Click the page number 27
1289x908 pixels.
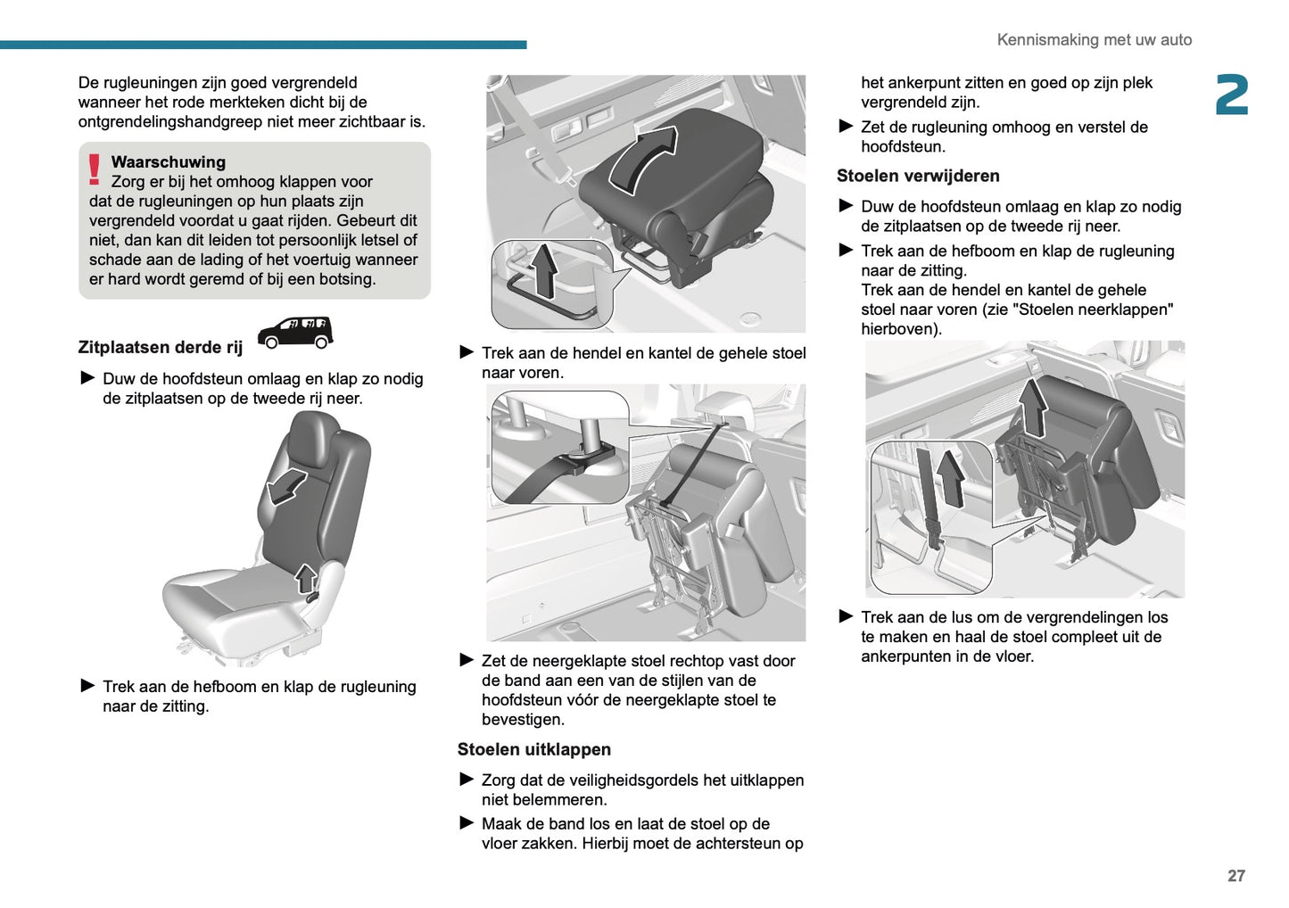[x=1235, y=876]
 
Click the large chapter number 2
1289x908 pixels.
[x=1231, y=95]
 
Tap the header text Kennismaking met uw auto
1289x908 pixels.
[x=1094, y=40]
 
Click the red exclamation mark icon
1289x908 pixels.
[x=95, y=169]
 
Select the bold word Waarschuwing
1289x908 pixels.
[x=168, y=162]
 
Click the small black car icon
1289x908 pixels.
[x=294, y=333]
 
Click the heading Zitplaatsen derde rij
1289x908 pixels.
[x=160, y=348]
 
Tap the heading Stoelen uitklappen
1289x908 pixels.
[x=533, y=750]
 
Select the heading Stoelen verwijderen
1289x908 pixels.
[x=917, y=177]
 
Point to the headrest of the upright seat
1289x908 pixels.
[x=312, y=438]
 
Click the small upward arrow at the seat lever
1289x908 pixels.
[x=306, y=579]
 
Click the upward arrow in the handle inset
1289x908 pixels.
[x=542, y=270]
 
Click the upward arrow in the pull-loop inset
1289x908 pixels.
[x=951, y=477]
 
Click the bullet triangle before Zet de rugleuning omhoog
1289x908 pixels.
[x=846, y=127]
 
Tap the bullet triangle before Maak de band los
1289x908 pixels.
[x=467, y=823]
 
